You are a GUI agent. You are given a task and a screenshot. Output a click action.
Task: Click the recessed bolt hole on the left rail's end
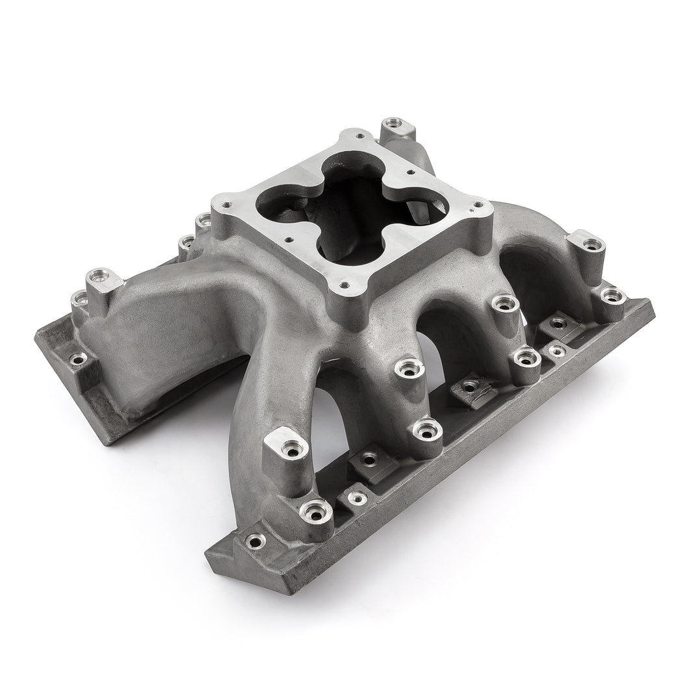pyautogui.click(x=79, y=357)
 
